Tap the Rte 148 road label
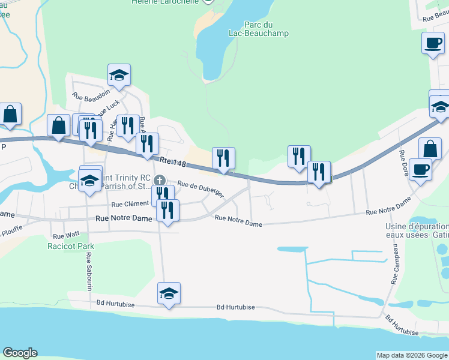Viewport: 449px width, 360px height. point(172,162)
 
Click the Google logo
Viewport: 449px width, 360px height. point(19,353)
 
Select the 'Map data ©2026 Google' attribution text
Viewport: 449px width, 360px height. point(412,355)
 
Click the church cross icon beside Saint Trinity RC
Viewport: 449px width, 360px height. point(159,180)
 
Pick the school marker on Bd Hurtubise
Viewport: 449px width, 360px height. point(169,293)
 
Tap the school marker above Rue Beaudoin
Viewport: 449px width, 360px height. point(119,75)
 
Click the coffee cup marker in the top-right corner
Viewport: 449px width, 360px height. point(432,43)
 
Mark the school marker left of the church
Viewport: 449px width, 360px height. point(90,180)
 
